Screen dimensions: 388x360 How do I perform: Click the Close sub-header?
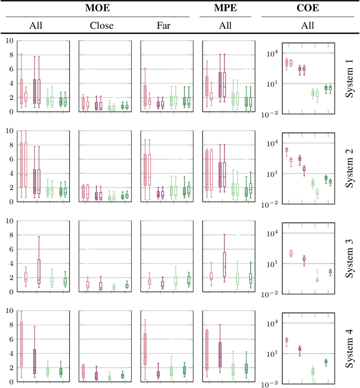click(101, 25)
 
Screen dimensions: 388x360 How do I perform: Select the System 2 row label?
click(349, 167)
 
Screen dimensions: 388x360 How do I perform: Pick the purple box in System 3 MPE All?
click(224, 264)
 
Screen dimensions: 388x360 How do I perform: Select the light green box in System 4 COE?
click(313, 371)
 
